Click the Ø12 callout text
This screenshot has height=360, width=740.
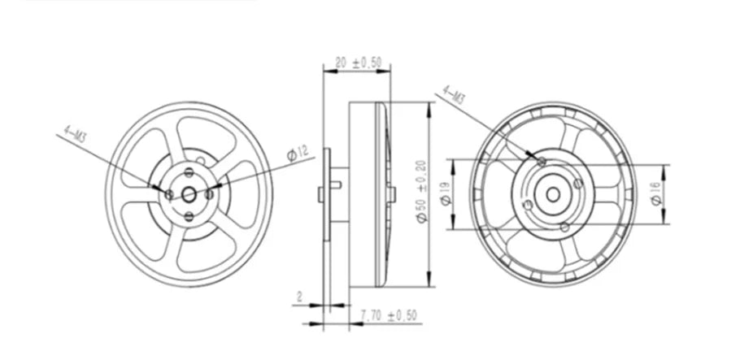pos(297,152)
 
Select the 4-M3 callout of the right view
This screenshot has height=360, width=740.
pos(453,95)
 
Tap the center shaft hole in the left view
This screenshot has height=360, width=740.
pos(189,193)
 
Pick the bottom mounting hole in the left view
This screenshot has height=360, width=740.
pos(189,216)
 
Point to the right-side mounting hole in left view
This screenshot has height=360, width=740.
pos(209,193)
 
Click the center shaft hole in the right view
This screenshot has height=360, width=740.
pos(553,193)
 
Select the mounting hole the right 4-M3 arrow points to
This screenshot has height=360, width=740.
pos(542,162)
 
